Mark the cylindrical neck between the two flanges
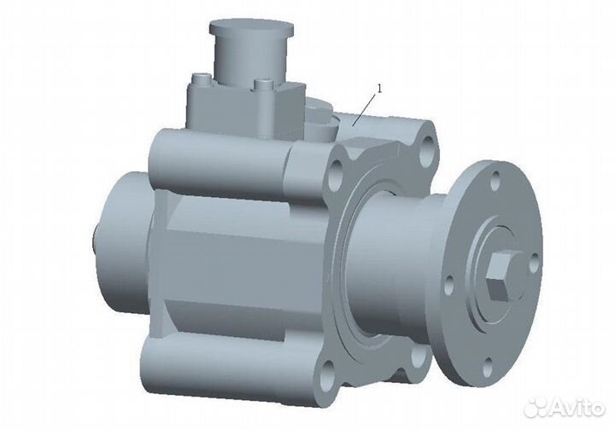tap(401, 264)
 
